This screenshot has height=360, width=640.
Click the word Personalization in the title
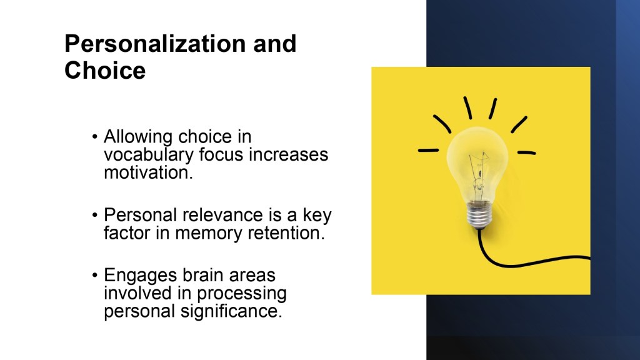point(156,44)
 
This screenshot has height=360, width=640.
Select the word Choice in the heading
point(105,70)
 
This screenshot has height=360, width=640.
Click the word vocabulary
point(149,155)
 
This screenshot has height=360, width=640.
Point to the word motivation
point(148,172)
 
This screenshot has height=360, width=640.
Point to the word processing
point(242,294)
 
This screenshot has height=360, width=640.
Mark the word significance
point(231,311)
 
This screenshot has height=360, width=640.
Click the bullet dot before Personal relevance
point(95,215)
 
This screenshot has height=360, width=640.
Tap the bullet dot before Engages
point(95,276)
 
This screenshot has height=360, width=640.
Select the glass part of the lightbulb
point(477,163)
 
